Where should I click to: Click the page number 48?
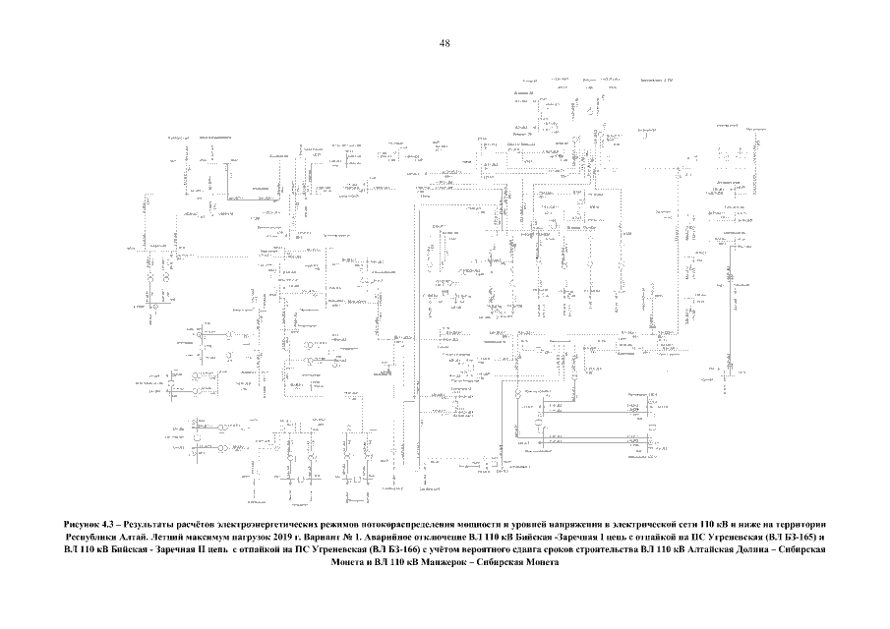(x=445, y=44)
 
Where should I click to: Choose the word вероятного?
(x=484, y=551)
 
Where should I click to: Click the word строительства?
(x=605, y=551)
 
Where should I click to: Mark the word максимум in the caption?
(x=225, y=538)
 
